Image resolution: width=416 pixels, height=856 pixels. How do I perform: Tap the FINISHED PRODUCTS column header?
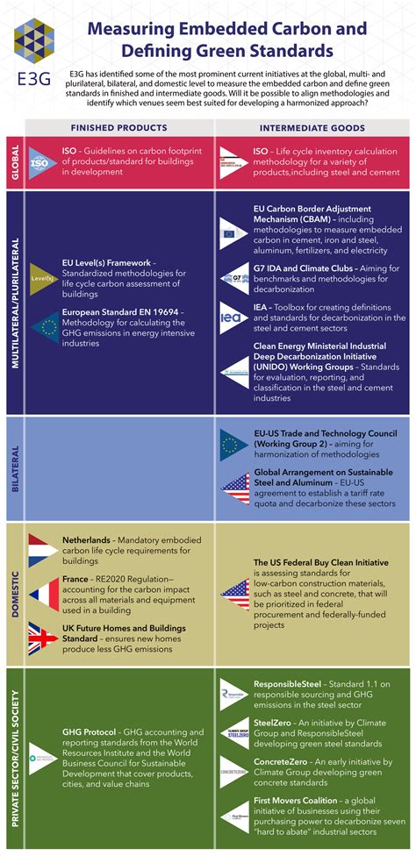point(118,127)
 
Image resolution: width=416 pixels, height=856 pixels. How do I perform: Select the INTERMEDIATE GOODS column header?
point(313,127)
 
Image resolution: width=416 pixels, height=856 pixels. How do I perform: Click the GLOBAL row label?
point(14,162)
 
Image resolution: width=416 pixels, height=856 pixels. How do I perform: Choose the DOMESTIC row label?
point(14,594)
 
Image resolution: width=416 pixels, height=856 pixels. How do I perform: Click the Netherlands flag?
point(42,548)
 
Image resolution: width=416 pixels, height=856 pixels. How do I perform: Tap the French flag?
point(42,594)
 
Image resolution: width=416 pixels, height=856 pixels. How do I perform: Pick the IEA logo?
point(233,316)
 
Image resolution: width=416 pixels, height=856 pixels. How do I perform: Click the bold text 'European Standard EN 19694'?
point(123,311)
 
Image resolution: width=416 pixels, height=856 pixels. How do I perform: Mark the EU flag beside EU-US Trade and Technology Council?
point(234,446)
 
